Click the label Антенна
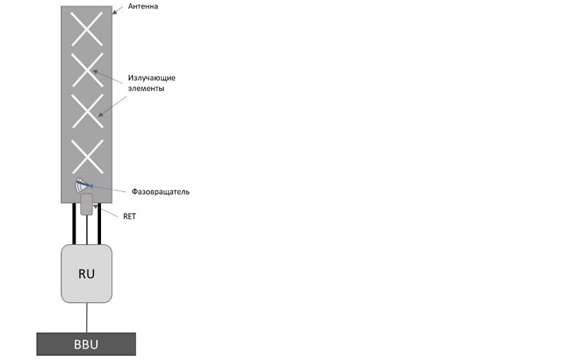143,6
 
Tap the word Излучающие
152,78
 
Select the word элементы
146,88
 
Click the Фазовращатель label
160,191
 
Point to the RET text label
130,217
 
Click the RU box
86,274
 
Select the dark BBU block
86,344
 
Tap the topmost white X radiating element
87,29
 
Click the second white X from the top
87,70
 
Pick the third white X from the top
88,111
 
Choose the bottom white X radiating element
88,157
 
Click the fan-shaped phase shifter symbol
82,186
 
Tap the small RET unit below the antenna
86,204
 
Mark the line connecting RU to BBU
86,318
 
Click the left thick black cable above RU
74,224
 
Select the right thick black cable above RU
100,224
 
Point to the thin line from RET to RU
87,229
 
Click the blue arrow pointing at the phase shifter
107,188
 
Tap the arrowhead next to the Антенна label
114,12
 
